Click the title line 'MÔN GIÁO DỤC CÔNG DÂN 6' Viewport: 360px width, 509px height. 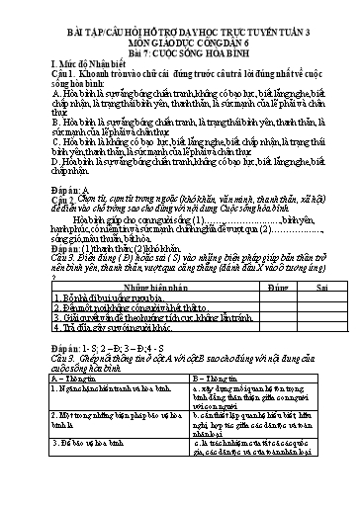(x=180, y=31)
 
